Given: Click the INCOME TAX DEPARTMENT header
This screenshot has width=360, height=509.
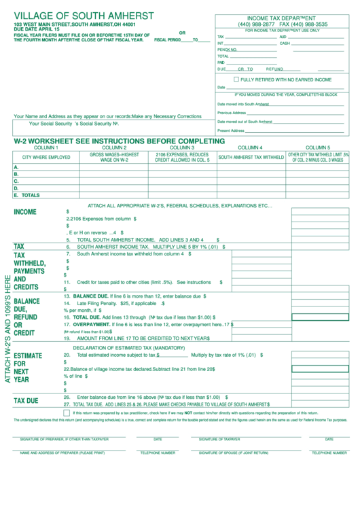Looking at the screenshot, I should (x=283, y=18).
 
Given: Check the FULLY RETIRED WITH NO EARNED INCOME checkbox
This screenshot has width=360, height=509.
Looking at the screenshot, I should (x=226, y=79).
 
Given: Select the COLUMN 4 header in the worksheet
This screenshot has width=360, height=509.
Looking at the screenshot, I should (x=250, y=147).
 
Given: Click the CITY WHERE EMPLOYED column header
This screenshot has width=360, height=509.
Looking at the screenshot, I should (x=46, y=157).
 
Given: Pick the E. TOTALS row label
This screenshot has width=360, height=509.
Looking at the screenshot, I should (x=26, y=195).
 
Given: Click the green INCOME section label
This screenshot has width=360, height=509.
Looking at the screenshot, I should (x=25, y=212).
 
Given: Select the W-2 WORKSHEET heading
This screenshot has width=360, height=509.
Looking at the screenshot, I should (x=119, y=141).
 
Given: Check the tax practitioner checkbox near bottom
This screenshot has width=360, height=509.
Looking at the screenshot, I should (x=66, y=412).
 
